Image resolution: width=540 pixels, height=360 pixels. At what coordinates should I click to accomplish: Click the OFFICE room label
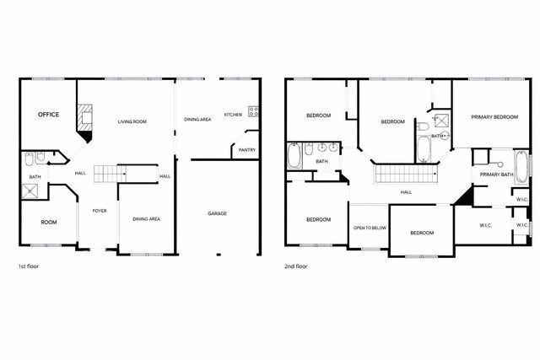point(48,115)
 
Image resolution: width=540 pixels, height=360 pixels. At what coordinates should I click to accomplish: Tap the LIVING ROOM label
point(132,122)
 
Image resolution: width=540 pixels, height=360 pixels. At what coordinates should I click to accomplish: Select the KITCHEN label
point(233,115)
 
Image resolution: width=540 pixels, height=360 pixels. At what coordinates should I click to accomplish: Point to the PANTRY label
point(247,150)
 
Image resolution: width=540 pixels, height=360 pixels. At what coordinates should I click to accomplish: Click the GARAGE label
point(218,213)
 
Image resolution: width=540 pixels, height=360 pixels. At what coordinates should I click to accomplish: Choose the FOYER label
point(100,210)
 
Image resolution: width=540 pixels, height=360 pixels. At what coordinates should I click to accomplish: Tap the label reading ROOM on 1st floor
point(49,222)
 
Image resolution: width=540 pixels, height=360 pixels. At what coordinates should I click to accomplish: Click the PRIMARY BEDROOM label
point(494,116)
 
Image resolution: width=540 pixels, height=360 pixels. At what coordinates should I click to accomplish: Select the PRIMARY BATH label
point(497,175)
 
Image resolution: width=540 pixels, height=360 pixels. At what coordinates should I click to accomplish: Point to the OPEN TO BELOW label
point(370,228)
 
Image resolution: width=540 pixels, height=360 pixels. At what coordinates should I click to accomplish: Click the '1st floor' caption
point(29,266)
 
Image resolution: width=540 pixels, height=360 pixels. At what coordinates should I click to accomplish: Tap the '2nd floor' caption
point(296,266)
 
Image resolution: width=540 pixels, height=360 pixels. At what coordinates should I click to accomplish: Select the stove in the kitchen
point(252,111)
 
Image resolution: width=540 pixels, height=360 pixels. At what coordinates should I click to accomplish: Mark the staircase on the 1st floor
point(110,174)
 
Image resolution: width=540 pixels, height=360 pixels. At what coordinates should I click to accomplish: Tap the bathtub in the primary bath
point(521,166)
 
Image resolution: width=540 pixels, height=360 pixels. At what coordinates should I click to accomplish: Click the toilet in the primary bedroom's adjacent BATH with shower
point(420,127)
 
